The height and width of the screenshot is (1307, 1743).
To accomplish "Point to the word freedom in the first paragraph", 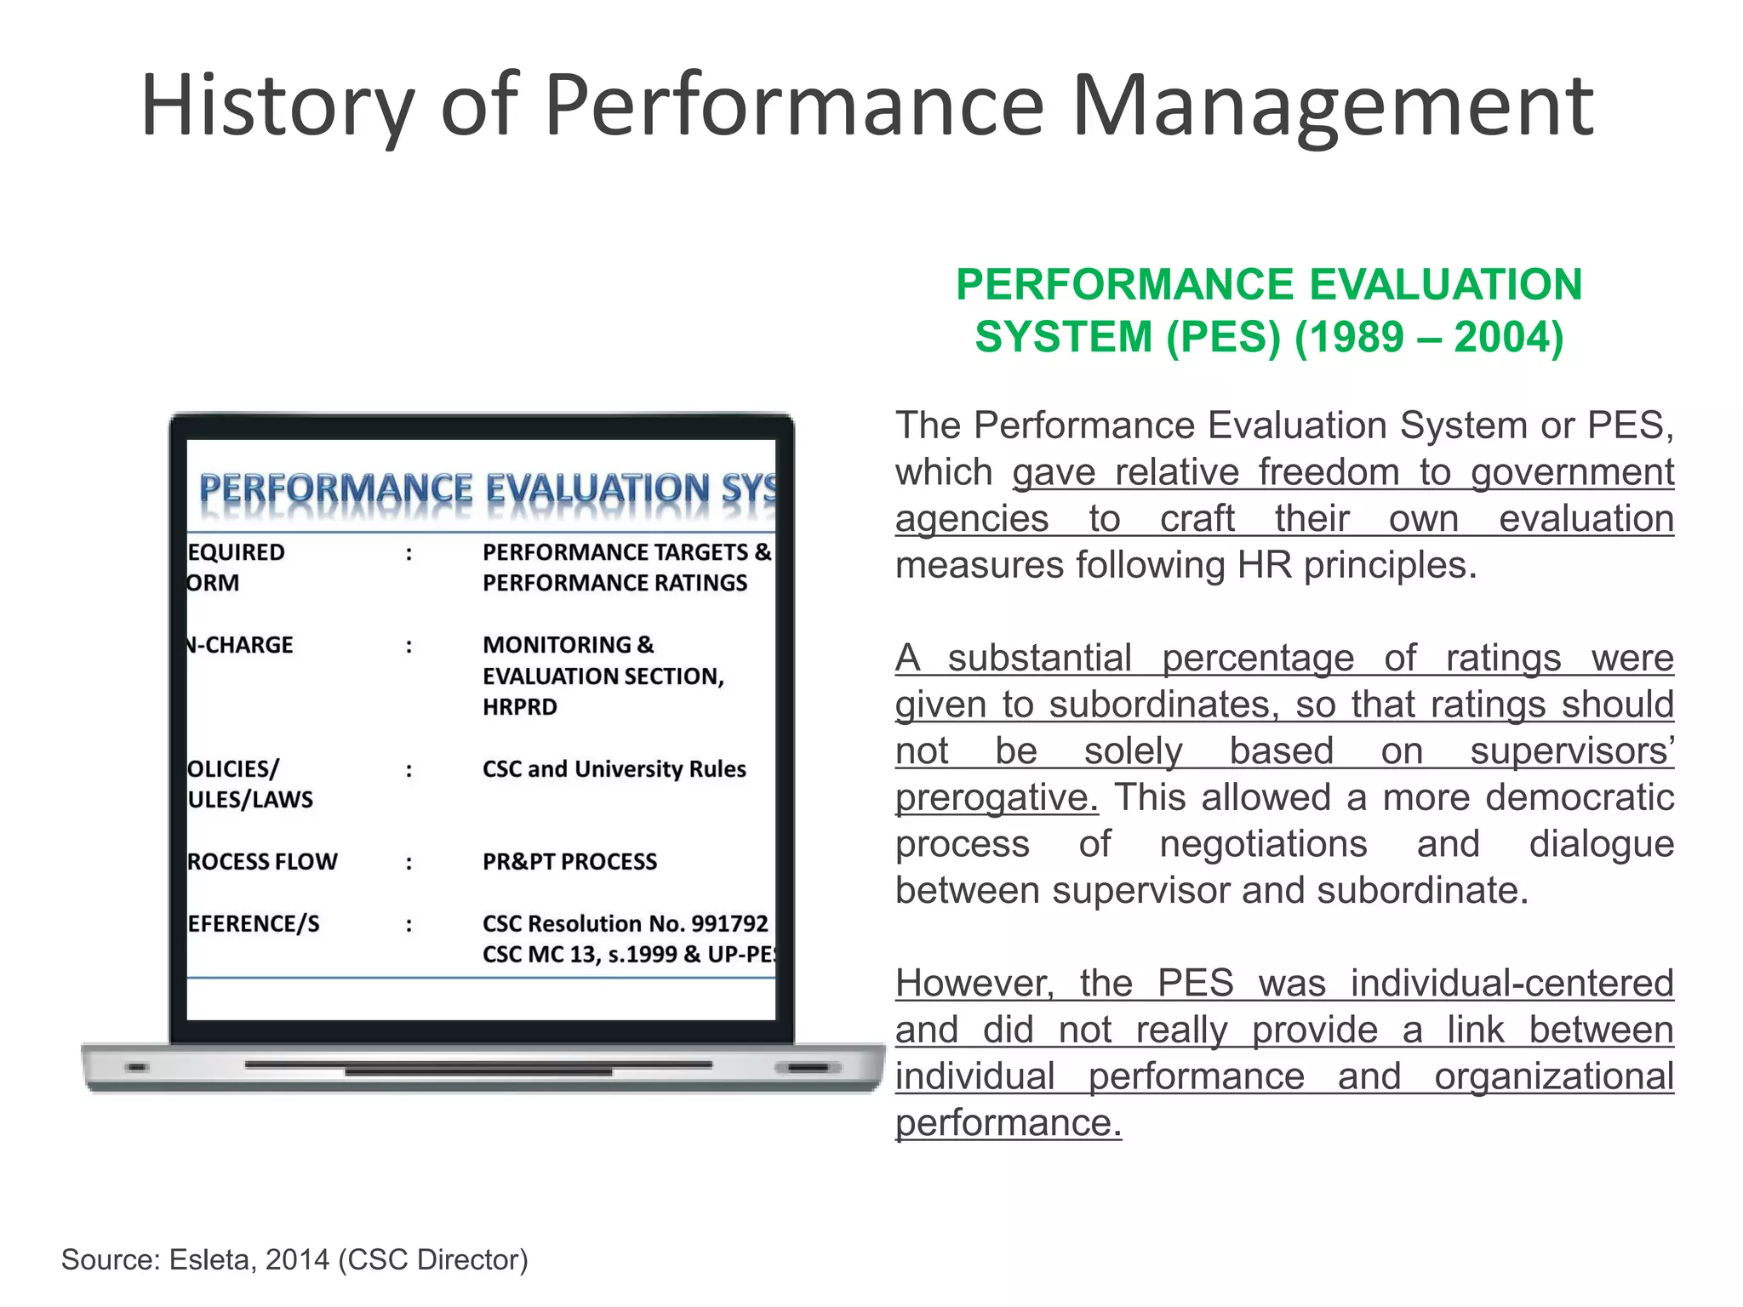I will (x=1329, y=472).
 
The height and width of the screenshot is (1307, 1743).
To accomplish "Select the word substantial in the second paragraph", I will (x=1039, y=659).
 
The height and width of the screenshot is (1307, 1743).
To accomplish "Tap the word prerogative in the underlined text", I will (x=997, y=798).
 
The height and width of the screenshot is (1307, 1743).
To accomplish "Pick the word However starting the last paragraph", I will (x=974, y=984).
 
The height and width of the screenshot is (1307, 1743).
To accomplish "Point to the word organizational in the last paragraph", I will (x=1553, y=1076).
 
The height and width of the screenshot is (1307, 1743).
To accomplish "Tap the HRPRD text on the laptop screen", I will (x=520, y=707).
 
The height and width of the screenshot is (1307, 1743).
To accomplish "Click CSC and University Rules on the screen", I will (x=614, y=769).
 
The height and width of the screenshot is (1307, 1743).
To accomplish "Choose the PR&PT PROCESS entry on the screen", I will (x=569, y=862).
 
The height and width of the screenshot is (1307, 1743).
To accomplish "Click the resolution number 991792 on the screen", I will (x=729, y=923).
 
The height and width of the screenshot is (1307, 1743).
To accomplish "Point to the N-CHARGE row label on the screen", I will (x=240, y=645).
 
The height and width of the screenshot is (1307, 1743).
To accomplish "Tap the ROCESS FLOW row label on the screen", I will (x=262, y=862).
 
